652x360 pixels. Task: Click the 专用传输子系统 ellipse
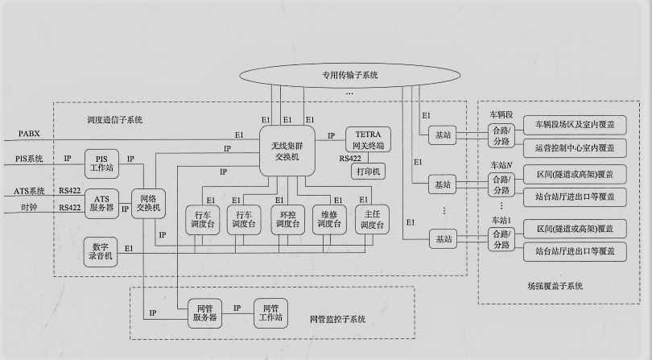(349, 75)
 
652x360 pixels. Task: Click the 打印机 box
(366, 171)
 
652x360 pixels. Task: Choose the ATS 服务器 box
(101, 204)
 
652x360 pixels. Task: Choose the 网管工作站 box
(270, 312)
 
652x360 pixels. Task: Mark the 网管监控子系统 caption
(338, 320)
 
